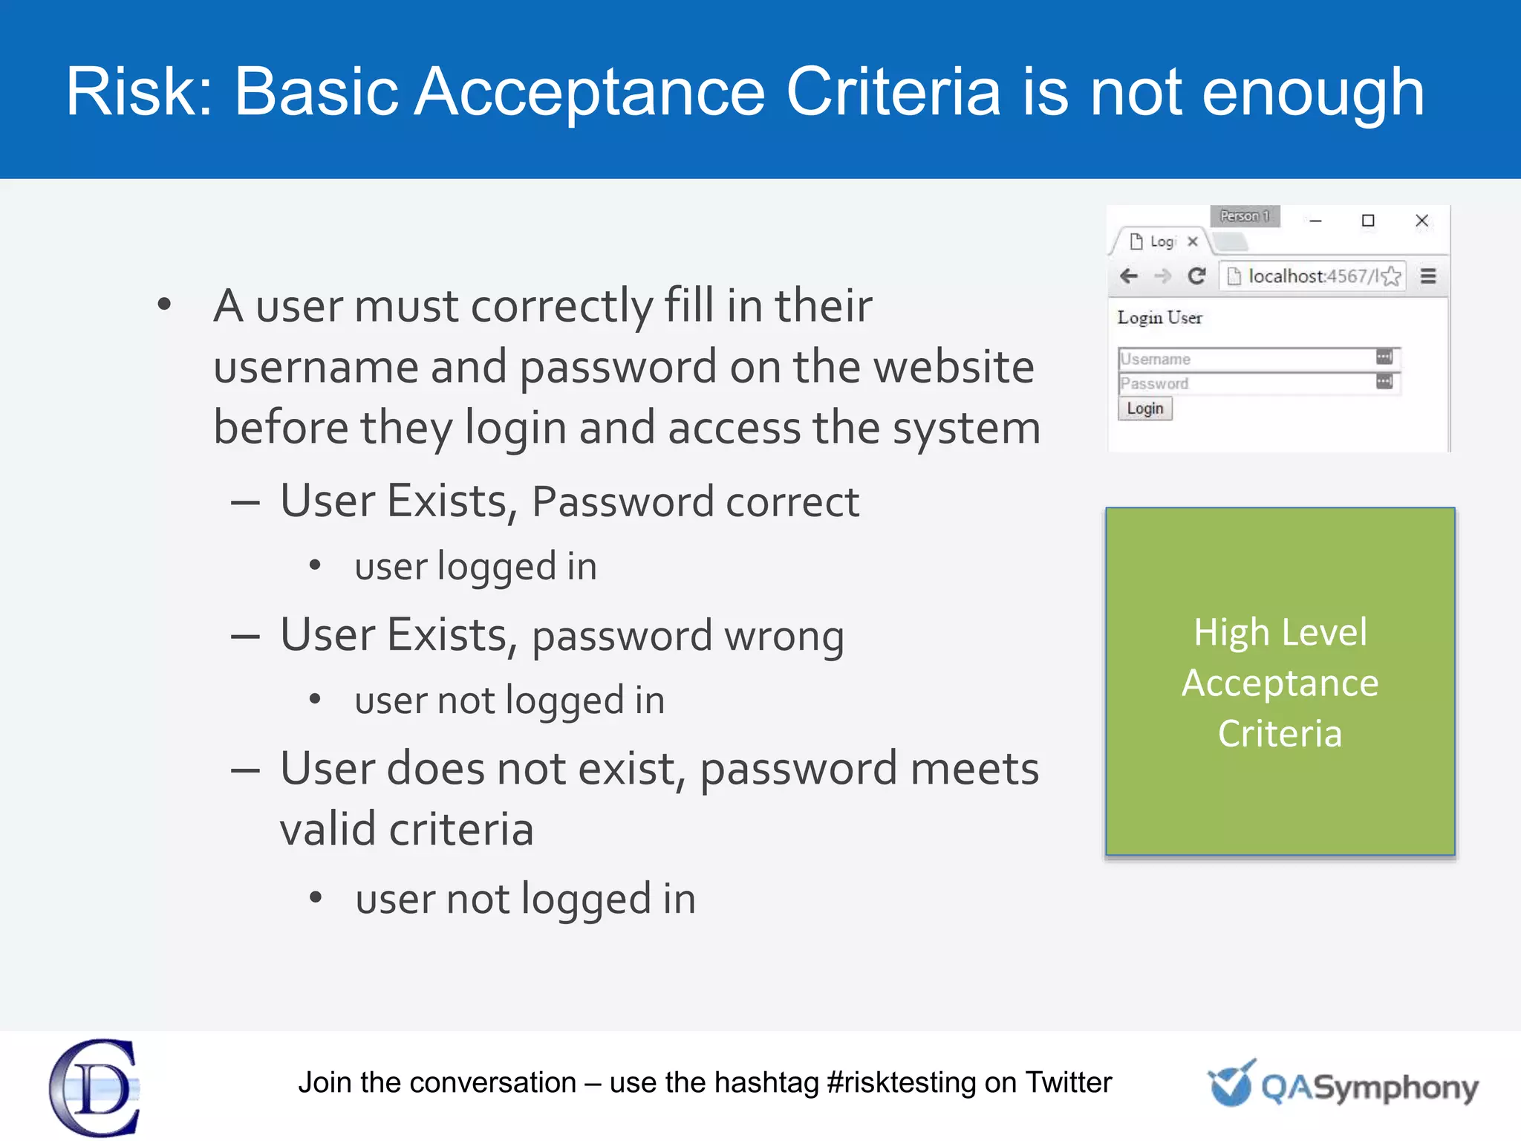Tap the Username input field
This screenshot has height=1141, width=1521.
coord(1248,359)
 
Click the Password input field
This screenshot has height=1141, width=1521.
coord(1248,383)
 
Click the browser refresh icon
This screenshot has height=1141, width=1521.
coord(1196,276)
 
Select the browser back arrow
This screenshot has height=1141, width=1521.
coord(1129,276)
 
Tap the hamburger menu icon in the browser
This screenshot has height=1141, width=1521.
coord(1428,276)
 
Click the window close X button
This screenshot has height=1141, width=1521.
coord(1421,221)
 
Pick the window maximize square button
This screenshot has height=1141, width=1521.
coord(1368,221)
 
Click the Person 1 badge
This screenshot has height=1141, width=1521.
coord(1245,216)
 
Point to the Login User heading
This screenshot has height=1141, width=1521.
coord(1159,318)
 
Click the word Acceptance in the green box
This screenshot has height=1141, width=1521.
coord(1280,683)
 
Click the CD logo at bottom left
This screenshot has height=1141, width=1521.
coord(95,1088)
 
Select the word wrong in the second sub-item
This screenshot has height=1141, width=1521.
coord(784,637)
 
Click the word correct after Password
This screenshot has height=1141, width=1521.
coord(792,502)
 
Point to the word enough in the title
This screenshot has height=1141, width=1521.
coord(1313,92)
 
